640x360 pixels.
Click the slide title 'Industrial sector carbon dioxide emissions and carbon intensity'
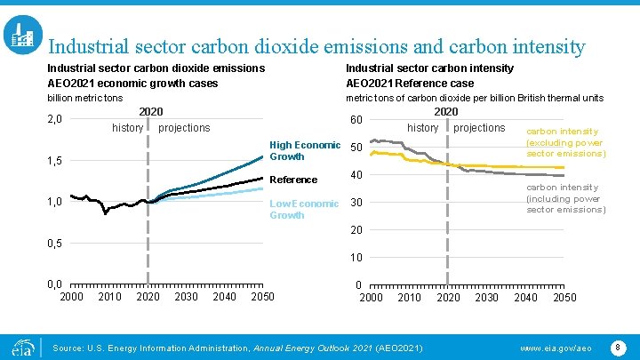click(x=316, y=45)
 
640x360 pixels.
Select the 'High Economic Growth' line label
click(x=304, y=151)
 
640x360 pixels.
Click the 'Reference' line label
click(x=292, y=180)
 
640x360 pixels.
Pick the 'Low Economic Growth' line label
click(x=303, y=209)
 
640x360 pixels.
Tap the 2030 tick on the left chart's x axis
click(x=187, y=297)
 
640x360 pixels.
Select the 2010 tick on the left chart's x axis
click(x=109, y=297)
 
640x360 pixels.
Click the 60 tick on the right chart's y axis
click(x=356, y=121)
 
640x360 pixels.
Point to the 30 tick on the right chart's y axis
click(x=356, y=204)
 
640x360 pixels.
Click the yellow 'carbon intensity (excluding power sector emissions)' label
click(x=565, y=142)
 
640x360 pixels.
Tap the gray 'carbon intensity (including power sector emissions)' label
click(x=565, y=199)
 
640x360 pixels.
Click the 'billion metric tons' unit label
click(x=84, y=98)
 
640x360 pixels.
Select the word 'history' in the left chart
click(x=127, y=128)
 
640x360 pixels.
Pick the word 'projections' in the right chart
click(x=478, y=128)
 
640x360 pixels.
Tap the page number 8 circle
click(x=619, y=344)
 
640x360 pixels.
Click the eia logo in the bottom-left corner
click(x=20, y=344)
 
